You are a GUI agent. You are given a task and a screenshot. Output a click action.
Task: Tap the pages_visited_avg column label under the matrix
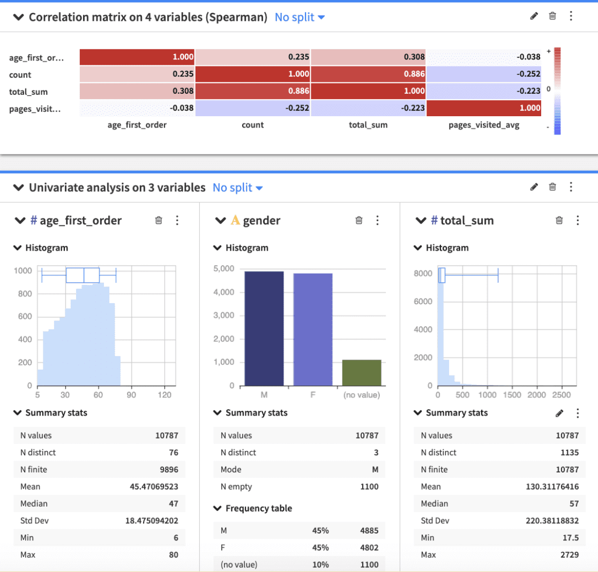[484, 125]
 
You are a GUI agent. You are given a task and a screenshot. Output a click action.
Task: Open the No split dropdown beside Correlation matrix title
[300, 17]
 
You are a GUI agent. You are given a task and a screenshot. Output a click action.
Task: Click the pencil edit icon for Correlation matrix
[533, 16]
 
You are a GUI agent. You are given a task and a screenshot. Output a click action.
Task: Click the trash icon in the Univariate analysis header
[552, 187]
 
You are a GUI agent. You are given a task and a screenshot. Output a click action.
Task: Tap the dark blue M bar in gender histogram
[264, 328]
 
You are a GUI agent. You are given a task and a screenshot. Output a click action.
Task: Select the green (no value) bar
[362, 372]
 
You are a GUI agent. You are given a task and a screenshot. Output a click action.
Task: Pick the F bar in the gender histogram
[313, 329]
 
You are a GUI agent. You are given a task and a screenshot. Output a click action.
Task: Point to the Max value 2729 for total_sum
[568, 554]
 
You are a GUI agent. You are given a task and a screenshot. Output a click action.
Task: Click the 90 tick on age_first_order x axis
[132, 395]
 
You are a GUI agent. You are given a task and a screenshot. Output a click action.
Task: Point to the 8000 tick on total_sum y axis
[423, 273]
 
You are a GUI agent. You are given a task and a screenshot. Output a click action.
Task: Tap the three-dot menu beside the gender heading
[377, 220]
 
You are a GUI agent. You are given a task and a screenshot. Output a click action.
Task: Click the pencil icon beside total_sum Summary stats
[559, 413]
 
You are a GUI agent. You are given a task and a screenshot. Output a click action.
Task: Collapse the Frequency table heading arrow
[217, 508]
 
